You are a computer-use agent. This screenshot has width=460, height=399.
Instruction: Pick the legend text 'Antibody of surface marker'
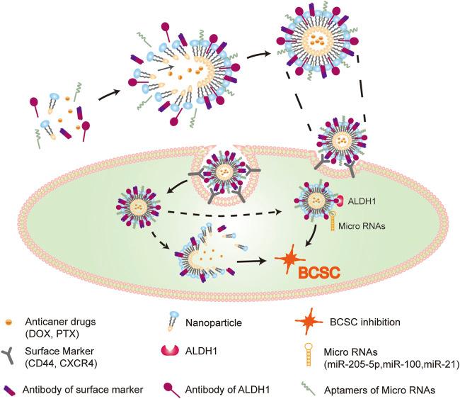pos(86,385)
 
